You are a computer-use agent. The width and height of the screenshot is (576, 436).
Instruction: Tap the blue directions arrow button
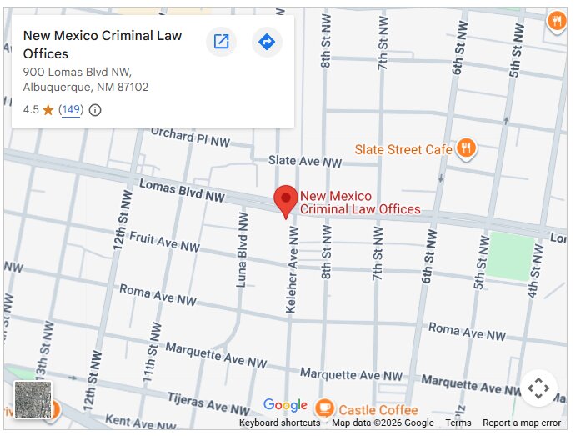tap(266, 41)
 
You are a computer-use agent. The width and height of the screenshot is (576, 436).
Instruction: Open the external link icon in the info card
tap(222, 41)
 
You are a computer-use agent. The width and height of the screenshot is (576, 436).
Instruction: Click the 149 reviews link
tap(71, 109)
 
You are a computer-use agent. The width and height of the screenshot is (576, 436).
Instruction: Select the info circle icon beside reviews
tap(95, 110)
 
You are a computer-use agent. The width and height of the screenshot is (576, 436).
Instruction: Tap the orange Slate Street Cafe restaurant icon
tap(466, 148)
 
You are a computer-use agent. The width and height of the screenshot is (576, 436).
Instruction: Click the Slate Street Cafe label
tap(403, 149)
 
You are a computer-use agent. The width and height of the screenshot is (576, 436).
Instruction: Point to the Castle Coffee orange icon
tap(324, 409)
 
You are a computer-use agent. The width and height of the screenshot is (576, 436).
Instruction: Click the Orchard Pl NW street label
tap(190, 138)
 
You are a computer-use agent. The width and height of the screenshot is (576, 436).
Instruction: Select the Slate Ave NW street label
tap(304, 161)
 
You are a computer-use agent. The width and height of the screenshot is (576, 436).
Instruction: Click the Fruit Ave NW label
tap(164, 242)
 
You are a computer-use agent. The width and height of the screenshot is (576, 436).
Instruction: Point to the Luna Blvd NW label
tap(243, 249)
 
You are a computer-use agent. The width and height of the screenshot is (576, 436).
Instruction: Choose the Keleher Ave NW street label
tap(292, 271)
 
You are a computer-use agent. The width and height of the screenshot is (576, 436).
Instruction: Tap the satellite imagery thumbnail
tap(33, 399)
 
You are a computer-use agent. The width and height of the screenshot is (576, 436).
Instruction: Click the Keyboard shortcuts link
tap(279, 423)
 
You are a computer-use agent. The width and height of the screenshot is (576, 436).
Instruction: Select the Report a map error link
tap(522, 423)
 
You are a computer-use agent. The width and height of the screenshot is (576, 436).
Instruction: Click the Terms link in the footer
tap(458, 423)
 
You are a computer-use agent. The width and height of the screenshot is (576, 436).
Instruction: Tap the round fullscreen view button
tap(538, 388)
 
